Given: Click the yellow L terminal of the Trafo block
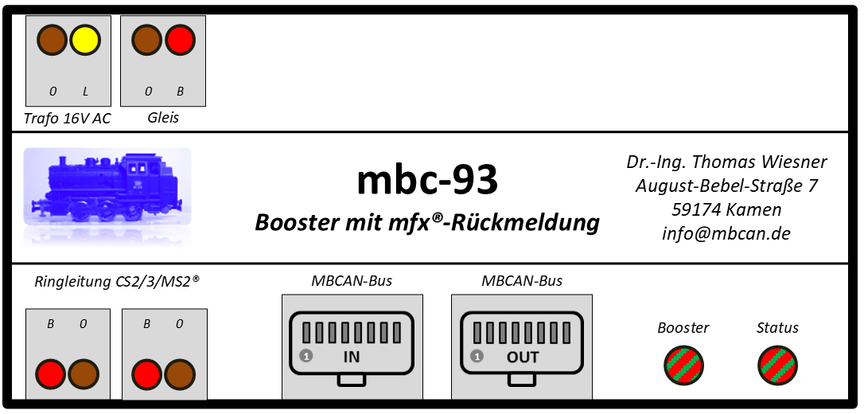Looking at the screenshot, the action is coord(85,41).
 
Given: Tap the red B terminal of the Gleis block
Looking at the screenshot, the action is coord(180,41).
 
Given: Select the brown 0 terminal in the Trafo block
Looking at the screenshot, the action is coord(53,41).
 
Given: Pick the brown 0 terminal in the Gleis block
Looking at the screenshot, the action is coord(147,41).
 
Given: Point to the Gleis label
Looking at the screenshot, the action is coord(163,117).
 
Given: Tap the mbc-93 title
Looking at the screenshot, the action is coord(427,180).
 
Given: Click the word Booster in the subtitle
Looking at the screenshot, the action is coord(297,223).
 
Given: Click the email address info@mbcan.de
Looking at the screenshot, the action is coord(726,234).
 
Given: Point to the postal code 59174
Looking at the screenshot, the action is coord(696,210).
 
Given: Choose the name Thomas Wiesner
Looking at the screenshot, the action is coord(759,162).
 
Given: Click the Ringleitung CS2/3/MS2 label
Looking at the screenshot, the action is coord(117,282).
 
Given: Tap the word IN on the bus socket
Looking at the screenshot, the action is coord(351,357).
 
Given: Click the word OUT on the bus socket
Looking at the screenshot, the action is coord(523,357).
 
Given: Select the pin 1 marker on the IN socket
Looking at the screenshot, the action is coord(306,356).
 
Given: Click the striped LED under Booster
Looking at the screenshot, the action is coord(683,365).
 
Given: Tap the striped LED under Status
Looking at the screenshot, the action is coord(777,365).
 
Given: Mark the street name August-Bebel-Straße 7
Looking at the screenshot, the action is coord(726,186).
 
